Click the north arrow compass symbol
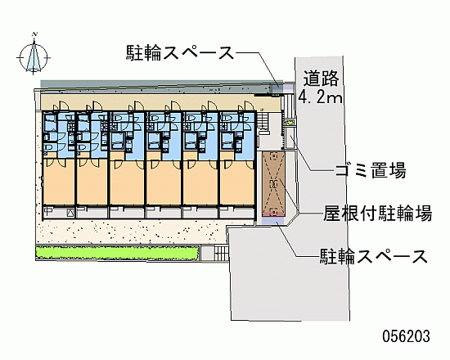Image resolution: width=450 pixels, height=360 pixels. [x=34, y=56]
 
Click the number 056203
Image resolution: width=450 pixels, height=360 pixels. [x=406, y=336]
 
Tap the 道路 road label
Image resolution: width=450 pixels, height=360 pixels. [x=322, y=79]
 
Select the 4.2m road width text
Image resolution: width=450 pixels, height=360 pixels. [x=320, y=97]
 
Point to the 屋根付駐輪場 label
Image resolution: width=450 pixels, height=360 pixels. [x=378, y=213]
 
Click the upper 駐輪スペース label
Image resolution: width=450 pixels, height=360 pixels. [x=180, y=52]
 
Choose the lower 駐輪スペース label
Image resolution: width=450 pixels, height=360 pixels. [x=374, y=256]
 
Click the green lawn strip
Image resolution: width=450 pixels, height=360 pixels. [x=117, y=253]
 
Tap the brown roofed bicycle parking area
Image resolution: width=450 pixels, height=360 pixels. [x=273, y=184]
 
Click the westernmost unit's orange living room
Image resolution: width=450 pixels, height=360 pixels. [x=59, y=182]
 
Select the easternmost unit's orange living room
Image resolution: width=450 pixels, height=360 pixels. [x=237, y=182]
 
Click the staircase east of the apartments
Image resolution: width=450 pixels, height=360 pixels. [x=262, y=120]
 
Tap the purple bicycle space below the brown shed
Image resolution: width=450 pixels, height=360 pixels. [x=273, y=220]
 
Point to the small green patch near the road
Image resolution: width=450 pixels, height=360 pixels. [x=289, y=123]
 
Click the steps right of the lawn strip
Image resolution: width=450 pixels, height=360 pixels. [x=221, y=253]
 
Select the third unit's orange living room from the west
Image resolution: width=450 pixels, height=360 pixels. [x=127, y=182]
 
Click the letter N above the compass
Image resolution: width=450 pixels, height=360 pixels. [x=35, y=34]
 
